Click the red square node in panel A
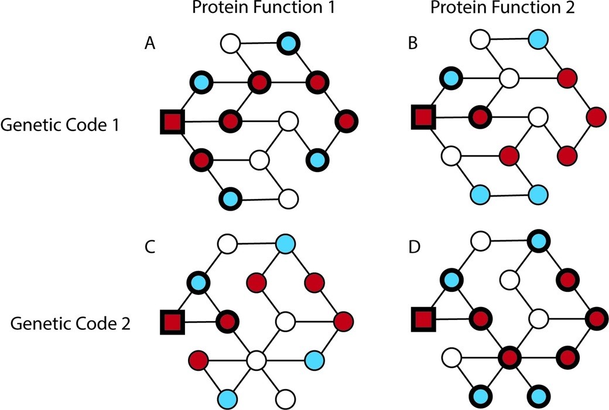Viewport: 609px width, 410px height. pyautogui.click(x=173, y=122)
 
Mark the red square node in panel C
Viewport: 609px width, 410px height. pyautogui.click(x=173, y=321)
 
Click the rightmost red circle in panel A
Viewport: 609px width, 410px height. pyautogui.click(x=345, y=121)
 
